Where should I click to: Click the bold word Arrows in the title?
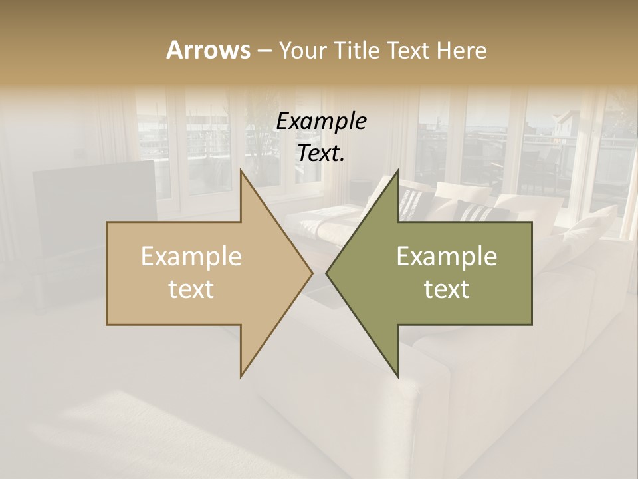(208, 50)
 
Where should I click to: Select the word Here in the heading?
(462, 50)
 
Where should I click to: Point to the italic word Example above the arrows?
(321, 122)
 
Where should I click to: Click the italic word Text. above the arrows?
(321, 154)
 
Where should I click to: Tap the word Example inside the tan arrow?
(191, 257)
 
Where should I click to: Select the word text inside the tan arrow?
(191, 289)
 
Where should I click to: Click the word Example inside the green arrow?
(447, 257)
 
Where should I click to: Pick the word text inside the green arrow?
(447, 289)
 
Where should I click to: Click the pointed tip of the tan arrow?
(312, 273)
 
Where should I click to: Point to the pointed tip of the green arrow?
(326, 273)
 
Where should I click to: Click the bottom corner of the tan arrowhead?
(241, 376)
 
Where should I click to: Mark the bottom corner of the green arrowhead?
(397, 376)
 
